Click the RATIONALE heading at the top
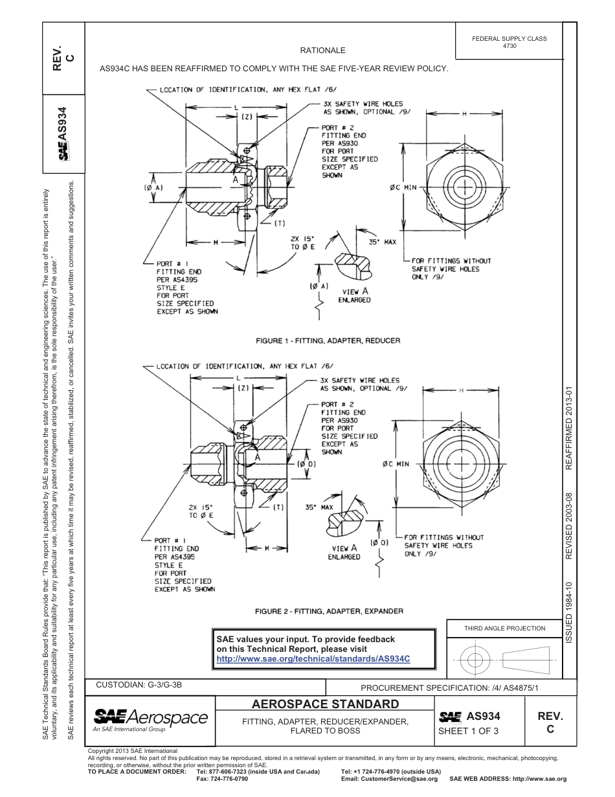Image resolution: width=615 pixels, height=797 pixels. click(x=322, y=50)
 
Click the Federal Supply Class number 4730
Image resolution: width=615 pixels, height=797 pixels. click(x=509, y=47)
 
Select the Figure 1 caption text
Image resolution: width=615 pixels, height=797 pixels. click(x=328, y=340)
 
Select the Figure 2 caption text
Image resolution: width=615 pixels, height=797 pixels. click(x=329, y=611)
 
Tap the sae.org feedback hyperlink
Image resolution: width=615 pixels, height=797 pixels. click(x=313, y=658)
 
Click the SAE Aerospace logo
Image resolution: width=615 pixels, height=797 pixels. click(x=150, y=719)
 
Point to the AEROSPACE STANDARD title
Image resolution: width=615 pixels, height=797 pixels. click(x=325, y=704)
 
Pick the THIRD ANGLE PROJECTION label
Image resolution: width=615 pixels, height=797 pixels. click(x=504, y=628)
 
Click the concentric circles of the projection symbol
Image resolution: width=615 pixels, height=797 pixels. click(x=475, y=660)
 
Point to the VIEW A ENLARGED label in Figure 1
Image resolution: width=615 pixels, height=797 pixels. click(x=355, y=295)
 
